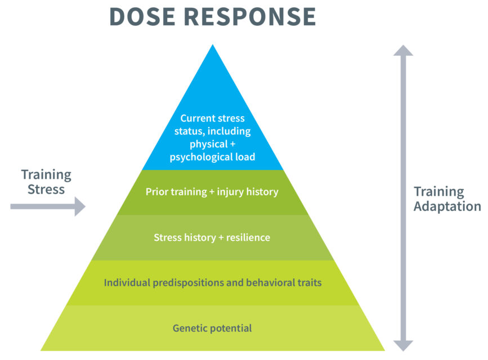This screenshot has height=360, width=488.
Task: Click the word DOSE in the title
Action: click(142, 16)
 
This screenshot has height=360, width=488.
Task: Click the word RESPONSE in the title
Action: click(250, 16)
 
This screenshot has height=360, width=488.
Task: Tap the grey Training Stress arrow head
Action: click(80, 206)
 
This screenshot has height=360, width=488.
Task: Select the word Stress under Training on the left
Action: click(46, 189)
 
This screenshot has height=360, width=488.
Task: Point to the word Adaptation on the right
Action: click(447, 206)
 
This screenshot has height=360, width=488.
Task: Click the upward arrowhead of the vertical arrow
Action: click(403, 51)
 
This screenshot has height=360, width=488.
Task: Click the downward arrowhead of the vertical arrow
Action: click(403, 346)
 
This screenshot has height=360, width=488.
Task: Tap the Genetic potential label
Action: click(212, 328)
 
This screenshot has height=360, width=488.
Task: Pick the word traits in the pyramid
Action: click(310, 282)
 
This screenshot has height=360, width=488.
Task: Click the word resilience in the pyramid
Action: click(248, 237)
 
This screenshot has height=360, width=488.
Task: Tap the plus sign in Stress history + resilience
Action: click(221, 238)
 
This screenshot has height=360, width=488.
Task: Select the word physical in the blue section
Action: click(209, 145)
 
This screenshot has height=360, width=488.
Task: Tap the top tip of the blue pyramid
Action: click(213, 44)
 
